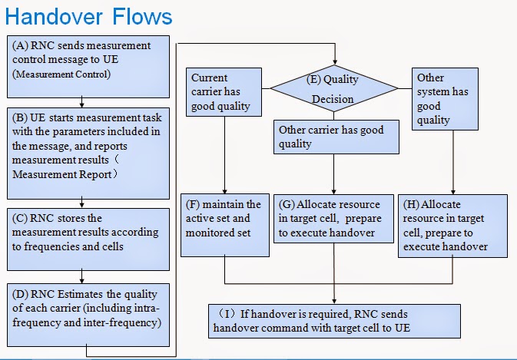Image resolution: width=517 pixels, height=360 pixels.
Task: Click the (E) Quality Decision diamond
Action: click(x=333, y=89)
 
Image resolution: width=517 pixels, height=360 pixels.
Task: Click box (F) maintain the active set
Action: click(x=224, y=225)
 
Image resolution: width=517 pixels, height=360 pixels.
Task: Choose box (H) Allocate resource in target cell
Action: click(x=452, y=225)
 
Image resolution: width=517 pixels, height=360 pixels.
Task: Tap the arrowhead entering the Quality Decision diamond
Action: click(x=335, y=62)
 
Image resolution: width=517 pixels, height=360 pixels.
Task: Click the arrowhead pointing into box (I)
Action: click(x=335, y=300)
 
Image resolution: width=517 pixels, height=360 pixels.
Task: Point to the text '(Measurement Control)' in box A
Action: click(x=61, y=74)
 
